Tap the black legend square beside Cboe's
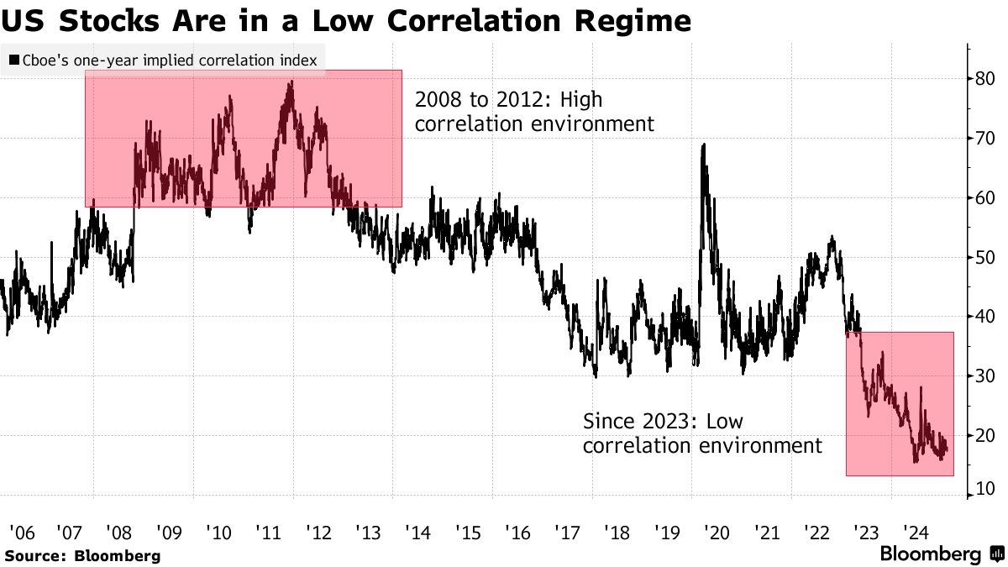pos(14,60)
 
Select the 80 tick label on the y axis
pos(984,79)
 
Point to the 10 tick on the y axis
pos(984,490)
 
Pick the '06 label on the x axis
pos(21,532)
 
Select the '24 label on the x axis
pos(916,532)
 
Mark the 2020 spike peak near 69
pos(702,145)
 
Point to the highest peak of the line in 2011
pos(291,81)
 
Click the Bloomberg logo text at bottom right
pos(929,554)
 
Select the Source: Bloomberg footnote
pos(82,555)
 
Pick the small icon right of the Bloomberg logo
pos(996,554)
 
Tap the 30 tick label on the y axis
pos(984,376)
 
